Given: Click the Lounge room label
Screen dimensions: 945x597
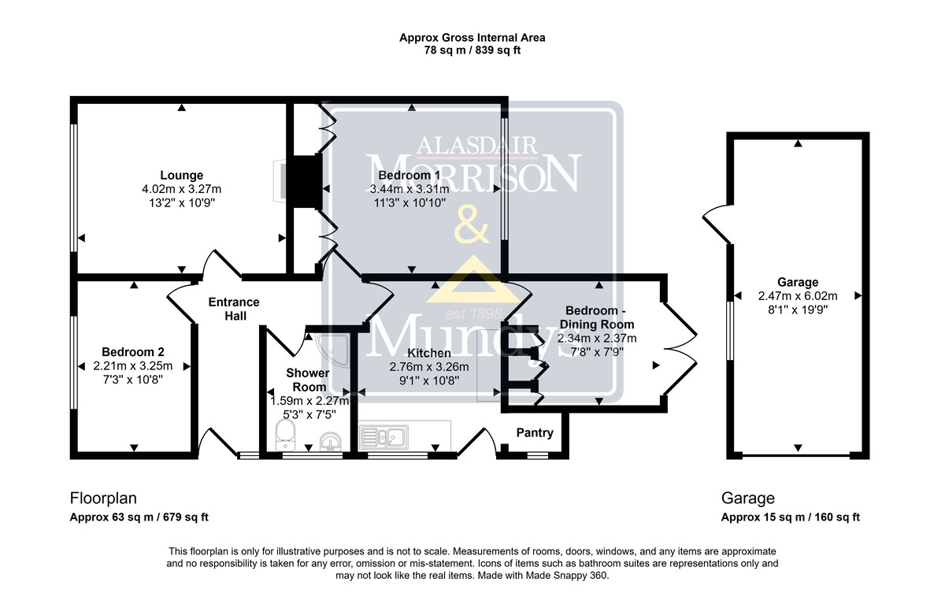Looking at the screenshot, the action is coord(181,175).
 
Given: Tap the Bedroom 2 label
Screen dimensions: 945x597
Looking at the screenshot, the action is coord(133,352).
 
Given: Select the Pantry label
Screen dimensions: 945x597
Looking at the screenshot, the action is coord(535,432).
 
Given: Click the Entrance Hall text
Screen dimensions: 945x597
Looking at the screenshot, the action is coord(234,309).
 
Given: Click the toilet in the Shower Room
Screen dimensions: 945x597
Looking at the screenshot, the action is coord(285,435).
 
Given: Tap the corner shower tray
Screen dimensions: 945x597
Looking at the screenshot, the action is coord(333,350).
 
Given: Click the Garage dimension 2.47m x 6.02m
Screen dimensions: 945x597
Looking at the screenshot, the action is coord(798,296).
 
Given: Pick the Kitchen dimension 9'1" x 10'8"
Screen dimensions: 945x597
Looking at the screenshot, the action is coord(429,381).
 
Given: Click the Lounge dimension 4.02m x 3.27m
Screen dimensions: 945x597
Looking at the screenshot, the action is coord(181,189).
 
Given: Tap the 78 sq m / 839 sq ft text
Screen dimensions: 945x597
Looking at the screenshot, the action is coord(472,50).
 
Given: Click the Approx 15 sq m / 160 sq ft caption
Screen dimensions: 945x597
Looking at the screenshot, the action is coord(790,517).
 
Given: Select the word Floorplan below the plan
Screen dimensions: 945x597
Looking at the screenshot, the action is coord(103,499).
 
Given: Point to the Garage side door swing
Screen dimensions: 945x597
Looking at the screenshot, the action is coord(717,224).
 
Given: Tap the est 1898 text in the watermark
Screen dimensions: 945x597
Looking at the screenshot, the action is coord(474,313).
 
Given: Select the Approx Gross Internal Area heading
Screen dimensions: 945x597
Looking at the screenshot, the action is coord(472,38).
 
